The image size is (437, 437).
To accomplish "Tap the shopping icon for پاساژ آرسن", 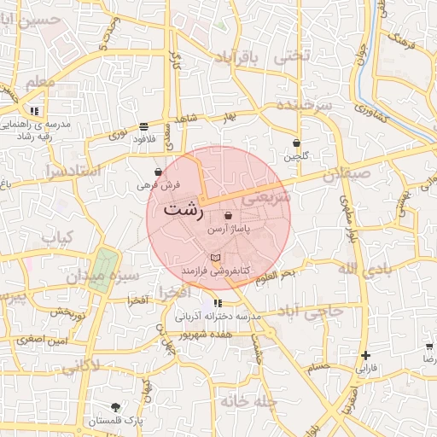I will click(x=228, y=217).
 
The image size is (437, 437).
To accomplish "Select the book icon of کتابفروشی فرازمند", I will click(x=215, y=258).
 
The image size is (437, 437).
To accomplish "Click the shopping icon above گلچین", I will click(x=296, y=143).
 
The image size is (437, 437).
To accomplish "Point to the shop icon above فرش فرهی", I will click(x=159, y=172).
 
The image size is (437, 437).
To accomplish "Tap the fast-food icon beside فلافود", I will click(x=143, y=125).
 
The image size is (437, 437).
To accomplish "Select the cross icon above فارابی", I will click(x=366, y=355).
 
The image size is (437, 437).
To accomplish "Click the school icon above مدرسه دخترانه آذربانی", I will click(x=218, y=303).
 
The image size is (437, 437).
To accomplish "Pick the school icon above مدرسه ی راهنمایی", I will click(x=33, y=111).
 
